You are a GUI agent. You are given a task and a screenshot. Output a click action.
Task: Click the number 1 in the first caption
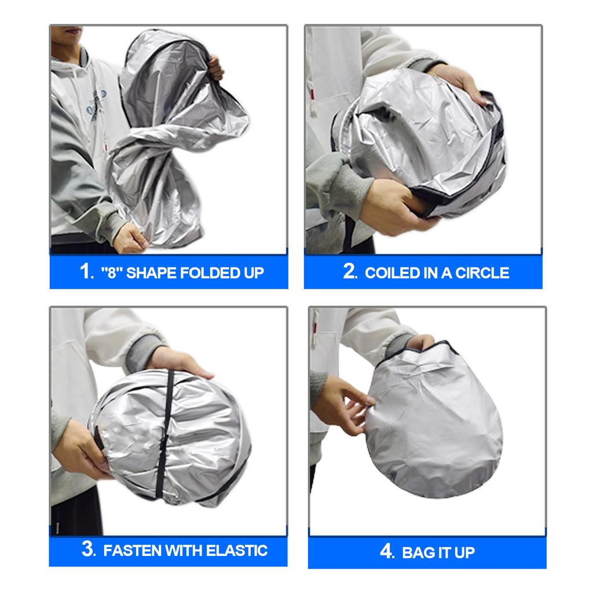85,272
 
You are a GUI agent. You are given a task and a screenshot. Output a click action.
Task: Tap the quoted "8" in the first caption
110,272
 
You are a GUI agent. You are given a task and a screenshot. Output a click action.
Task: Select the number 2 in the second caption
349,272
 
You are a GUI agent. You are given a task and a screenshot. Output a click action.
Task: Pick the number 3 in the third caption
88,549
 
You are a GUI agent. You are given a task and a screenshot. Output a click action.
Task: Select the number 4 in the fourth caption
387,551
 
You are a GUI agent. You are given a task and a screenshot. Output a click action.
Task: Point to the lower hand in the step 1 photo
130,237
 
